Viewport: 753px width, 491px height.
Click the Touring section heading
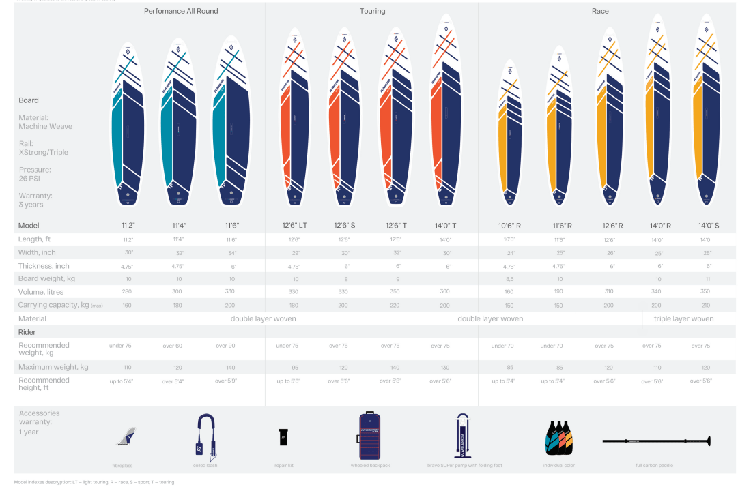point(372,11)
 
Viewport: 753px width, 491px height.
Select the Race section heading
point(600,11)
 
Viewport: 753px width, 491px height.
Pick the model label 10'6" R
point(509,226)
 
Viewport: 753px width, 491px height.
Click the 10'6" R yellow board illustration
point(509,133)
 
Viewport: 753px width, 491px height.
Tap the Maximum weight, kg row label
point(53,367)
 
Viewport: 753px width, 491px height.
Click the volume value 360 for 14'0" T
point(445,292)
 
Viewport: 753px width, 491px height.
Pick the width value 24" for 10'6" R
point(509,253)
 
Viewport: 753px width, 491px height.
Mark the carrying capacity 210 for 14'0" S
point(705,306)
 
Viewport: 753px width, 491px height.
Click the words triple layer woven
point(683,318)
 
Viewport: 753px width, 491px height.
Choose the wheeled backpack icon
point(369,434)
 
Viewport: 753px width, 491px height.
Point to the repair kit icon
point(283,437)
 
